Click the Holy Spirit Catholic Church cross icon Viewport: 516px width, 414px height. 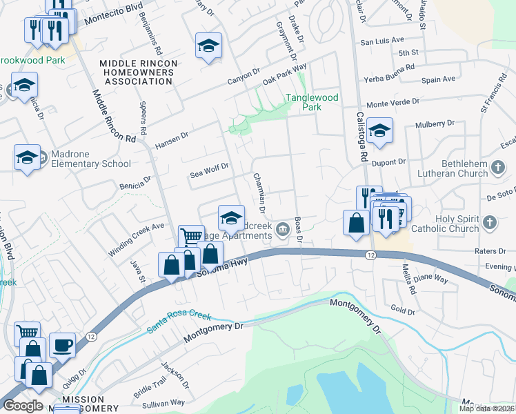tap(489, 223)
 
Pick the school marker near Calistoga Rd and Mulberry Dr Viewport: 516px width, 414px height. tap(379, 130)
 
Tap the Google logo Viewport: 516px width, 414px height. tap(23, 406)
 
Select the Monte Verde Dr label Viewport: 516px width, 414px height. tap(393, 103)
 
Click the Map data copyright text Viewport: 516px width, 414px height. tap(486, 408)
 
